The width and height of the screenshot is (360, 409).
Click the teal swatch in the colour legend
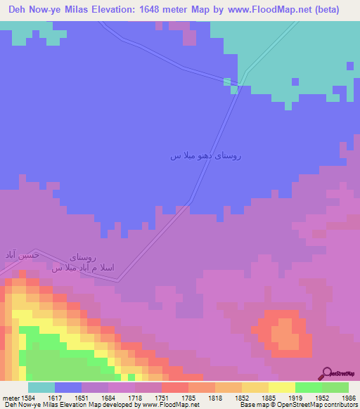click(41, 387)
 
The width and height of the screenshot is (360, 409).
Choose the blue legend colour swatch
click(68, 387)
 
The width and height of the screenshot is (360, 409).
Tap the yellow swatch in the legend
click(281, 387)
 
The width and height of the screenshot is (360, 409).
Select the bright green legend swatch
click(308, 387)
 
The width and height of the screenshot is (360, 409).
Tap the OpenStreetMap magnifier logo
click(326, 372)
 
